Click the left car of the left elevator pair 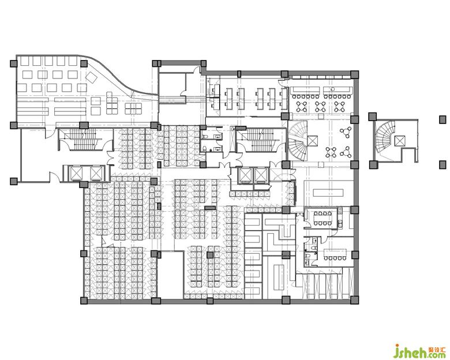pyautogui.click(x=76, y=173)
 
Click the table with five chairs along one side pyautogui.click(x=335, y=254)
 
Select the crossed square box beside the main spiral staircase pyautogui.click(x=312, y=141)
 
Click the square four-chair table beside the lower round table pyautogui.click(x=331, y=152)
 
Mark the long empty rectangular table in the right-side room pyautogui.click(x=328, y=192)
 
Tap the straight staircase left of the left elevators pyautogui.click(x=82, y=139)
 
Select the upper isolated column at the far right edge pyautogui.click(x=443, y=119)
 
